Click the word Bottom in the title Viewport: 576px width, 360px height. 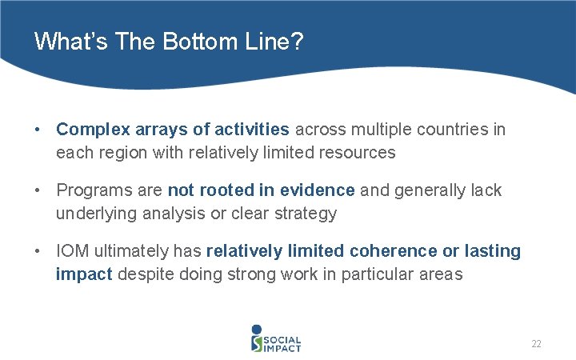pos(190,41)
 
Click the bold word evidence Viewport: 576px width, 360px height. pos(318,190)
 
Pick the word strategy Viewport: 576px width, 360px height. pos(306,213)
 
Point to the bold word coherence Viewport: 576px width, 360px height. pos(393,251)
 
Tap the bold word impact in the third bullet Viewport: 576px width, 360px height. pos(84,274)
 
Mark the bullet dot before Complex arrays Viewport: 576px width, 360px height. pos(38,130)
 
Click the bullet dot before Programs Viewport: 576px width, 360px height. pos(38,190)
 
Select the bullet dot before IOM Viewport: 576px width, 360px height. pos(38,251)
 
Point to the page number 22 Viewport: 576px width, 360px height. pos(536,344)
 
